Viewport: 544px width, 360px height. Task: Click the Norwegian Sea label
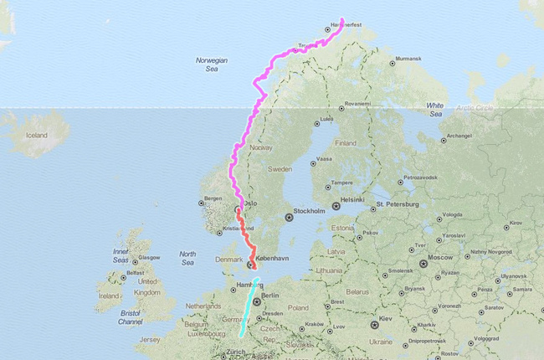(211, 64)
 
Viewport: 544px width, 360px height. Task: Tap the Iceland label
(37, 135)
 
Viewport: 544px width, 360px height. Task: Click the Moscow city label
(439, 257)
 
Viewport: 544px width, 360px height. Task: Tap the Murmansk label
(408, 59)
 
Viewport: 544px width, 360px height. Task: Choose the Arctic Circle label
(475, 107)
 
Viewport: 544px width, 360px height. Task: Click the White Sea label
(435, 109)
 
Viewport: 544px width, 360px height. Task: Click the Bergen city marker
(201, 202)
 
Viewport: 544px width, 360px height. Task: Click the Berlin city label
(271, 296)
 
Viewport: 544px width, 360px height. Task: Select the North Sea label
(187, 257)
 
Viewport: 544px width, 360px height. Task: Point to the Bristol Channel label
(130, 318)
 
